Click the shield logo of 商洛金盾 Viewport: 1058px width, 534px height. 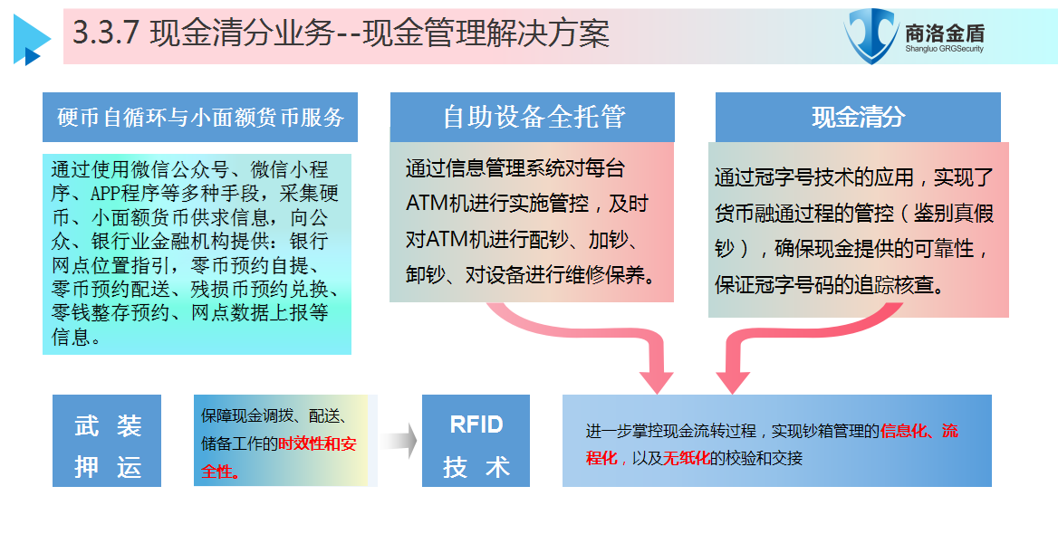(x=871, y=35)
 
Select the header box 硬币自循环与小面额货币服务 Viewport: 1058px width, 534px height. (x=199, y=118)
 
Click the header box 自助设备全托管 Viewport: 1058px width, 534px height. (x=533, y=118)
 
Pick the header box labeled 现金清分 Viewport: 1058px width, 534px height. (x=858, y=118)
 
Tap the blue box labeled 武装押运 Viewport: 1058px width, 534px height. (x=107, y=440)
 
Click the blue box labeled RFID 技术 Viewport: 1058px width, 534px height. (x=476, y=440)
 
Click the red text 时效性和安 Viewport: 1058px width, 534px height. (x=317, y=443)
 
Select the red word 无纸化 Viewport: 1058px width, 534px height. (x=687, y=459)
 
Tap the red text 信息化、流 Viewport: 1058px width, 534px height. (x=919, y=431)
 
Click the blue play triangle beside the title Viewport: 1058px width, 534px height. (x=31, y=40)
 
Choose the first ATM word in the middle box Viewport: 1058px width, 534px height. (x=428, y=204)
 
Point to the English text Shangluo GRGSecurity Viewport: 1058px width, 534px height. (x=944, y=49)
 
